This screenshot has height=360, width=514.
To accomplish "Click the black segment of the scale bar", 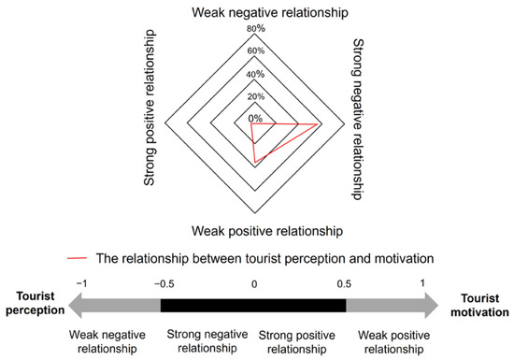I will [253, 305].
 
